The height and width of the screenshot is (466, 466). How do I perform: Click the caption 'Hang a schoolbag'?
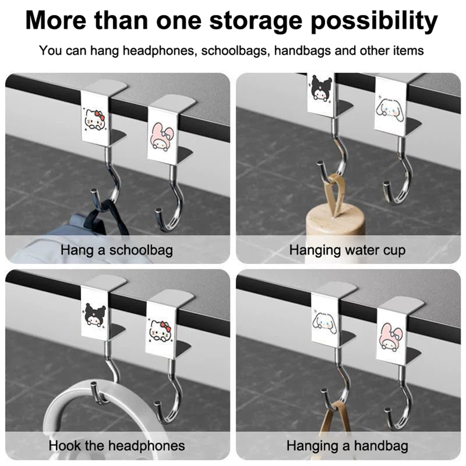pyautogui.click(x=116, y=250)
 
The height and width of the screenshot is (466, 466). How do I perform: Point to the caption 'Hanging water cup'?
pyautogui.click(x=347, y=250)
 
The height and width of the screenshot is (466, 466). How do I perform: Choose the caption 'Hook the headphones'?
pyautogui.click(x=117, y=446)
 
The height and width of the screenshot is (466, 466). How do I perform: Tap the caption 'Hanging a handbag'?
pyautogui.click(x=347, y=446)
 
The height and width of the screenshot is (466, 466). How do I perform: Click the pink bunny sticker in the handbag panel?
pyautogui.click(x=391, y=336)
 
